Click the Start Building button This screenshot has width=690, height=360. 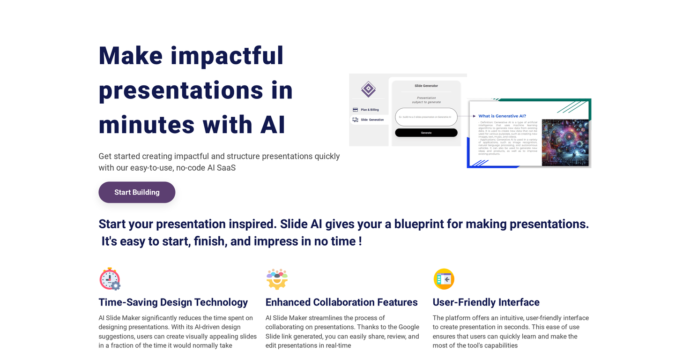(137, 192)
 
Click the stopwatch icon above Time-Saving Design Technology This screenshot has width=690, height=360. (110, 279)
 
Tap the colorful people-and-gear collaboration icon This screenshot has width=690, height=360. (277, 279)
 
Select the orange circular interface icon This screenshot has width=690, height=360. (444, 279)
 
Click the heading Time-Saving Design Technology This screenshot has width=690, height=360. (173, 302)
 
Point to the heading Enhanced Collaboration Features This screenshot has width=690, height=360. (341, 302)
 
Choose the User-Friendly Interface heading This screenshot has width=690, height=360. (486, 302)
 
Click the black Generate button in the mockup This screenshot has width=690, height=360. (426, 133)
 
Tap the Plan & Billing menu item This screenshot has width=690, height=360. (369, 110)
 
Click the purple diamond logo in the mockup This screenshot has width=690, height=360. (368, 89)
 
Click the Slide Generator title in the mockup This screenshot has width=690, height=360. (426, 86)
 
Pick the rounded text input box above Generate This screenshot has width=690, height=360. (426, 117)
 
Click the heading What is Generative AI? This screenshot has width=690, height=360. (502, 116)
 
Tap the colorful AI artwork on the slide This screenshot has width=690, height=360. (565, 142)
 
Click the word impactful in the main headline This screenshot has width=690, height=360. (227, 55)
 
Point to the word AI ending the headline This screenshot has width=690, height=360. (272, 125)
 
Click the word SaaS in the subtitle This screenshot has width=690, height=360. (226, 167)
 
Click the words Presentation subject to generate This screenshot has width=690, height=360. (426, 100)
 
